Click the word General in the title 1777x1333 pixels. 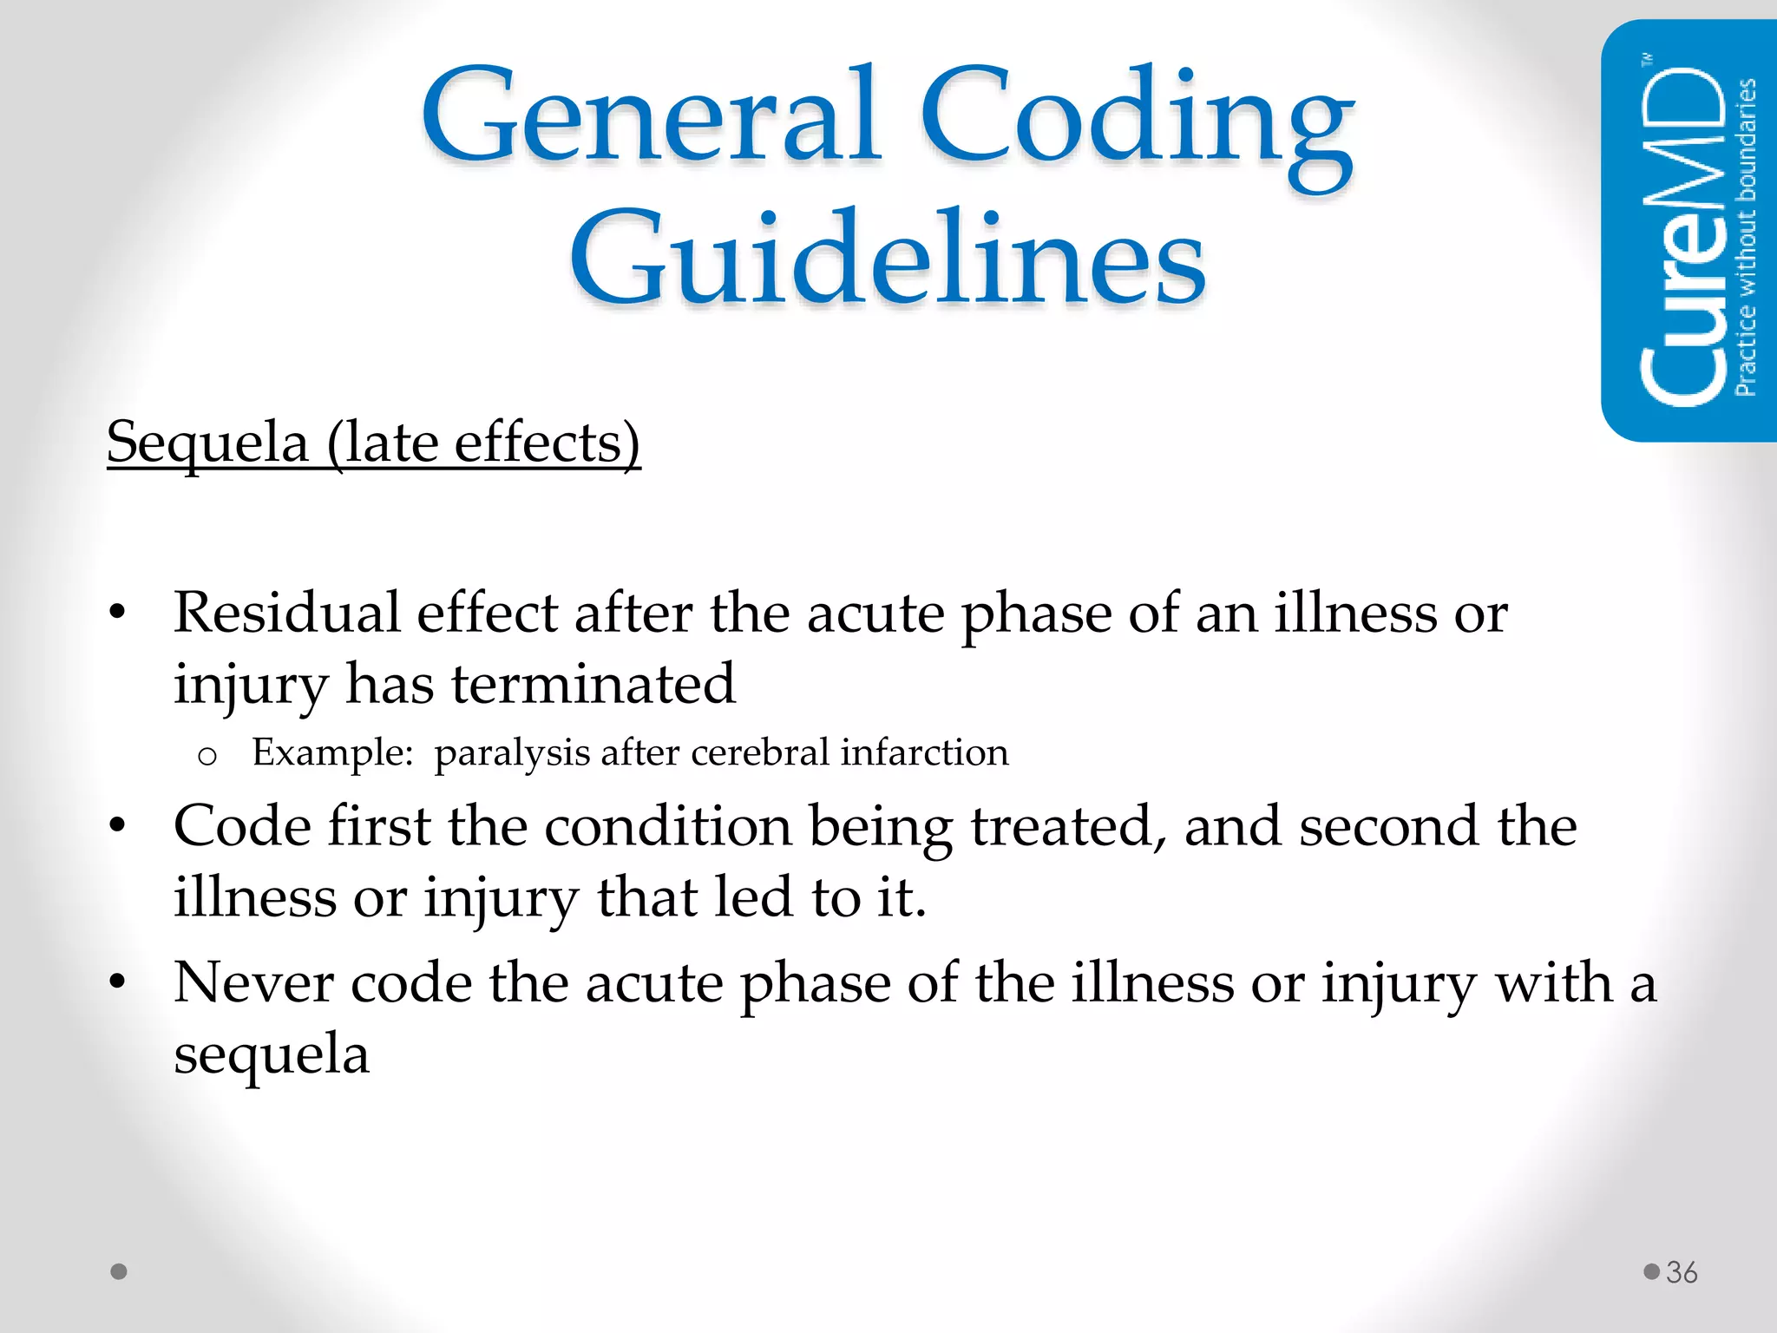(x=651, y=117)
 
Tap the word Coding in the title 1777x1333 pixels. (x=1137, y=121)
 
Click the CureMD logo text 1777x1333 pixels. (x=1683, y=234)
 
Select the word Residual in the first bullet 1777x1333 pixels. (x=286, y=613)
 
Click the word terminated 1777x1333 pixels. (x=593, y=684)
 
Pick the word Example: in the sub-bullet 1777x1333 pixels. (x=332, y=752)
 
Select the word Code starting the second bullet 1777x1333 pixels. (x=242, y=825)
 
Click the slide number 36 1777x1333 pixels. (x=1682, y=1272)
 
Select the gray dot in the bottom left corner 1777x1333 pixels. (x=120, y=1271)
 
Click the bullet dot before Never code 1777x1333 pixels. (x=118, y=983)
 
